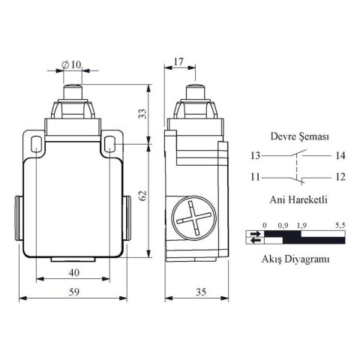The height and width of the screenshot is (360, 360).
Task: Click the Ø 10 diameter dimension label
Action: pos(71,65)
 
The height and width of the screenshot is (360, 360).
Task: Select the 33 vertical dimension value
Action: pos(143,114)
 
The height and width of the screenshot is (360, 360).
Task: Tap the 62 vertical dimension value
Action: pos(143,196)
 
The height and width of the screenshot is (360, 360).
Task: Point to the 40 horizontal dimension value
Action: pos(74,272)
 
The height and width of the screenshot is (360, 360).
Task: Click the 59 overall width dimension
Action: pos(74,292)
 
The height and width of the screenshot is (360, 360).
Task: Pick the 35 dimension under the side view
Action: pos(201,292)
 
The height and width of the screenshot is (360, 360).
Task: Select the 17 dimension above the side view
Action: pos(178,61)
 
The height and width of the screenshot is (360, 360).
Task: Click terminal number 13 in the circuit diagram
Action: pos(256,156)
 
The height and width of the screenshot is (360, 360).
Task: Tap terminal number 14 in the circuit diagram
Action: pos(340,156)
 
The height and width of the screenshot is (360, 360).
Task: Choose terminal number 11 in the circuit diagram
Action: pos(256,177)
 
